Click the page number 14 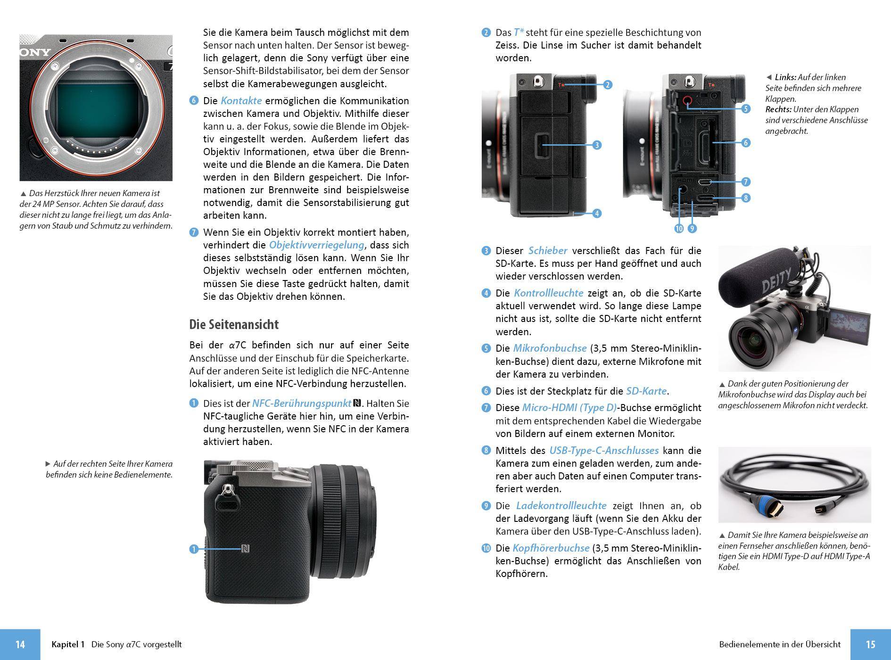point(20,644)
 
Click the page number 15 point(870,644)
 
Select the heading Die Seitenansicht point(234,324)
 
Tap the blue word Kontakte point(241,100)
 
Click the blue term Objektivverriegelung point(316,245)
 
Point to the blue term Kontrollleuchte point(548,293)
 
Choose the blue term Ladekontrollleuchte point(561,505)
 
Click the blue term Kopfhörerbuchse point(551,548)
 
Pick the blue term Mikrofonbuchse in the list point(550,348)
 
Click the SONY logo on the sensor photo point(35,52)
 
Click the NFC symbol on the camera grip point(245,549)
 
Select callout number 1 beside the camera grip point(194,549)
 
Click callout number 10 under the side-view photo point(679,229)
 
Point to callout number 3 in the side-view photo point(597,145)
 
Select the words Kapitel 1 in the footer point(68,644)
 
